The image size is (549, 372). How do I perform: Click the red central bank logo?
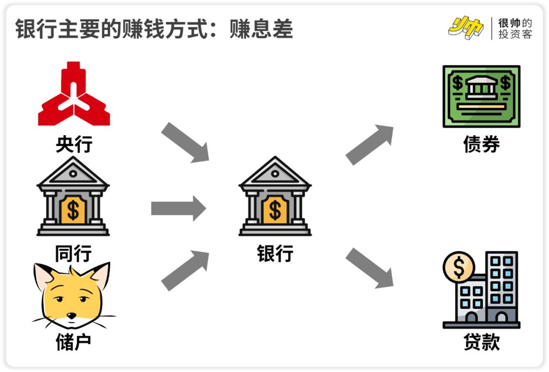(74, 95)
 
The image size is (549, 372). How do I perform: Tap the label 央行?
(74, 144)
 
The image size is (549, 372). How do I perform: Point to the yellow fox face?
(72, 295)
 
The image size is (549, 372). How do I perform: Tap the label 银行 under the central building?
(275, 253)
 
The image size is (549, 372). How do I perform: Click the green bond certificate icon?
(481, 96)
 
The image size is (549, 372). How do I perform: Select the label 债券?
(481, 144)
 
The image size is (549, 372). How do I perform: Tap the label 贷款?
(481, 342)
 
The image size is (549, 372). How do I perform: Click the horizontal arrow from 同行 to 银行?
(178, 208)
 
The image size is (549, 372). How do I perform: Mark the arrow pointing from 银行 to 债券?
(370, 145)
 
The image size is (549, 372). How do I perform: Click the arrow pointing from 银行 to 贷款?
(370, 268)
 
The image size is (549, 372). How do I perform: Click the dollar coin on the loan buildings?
(459, 267)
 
